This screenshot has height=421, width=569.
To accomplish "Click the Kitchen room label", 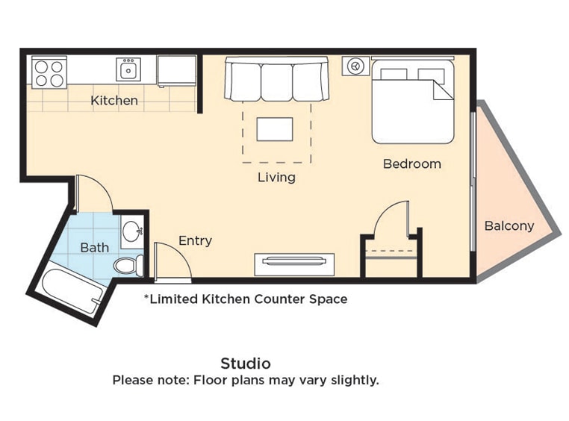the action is pyautogui.click(x=114, y=101).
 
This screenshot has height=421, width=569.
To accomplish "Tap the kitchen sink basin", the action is pyautogui.click(x=128, y=70).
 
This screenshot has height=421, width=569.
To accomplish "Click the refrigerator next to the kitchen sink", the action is pyautogui.click(x=177, y=71).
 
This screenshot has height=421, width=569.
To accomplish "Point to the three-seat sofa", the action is pyautogui.click(x=276, y=78).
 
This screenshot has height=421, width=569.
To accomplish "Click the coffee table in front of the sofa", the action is pyautogui.click(x=275, y=129).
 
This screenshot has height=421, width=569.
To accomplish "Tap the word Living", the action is pyautogui.click(x=276, y=178).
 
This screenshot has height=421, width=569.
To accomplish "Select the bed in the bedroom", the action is pyautogui.click(x=413, y=102).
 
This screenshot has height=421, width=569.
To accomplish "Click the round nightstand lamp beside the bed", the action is pyautogui.click(x=355, y=66).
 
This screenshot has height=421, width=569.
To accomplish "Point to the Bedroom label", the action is pyautogui.click(x=412, y=164).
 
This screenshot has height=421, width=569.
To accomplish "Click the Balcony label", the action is pyautogui.click(x=509, y=226).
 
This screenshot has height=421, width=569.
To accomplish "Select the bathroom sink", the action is pyautogui.click(x=132, y=231).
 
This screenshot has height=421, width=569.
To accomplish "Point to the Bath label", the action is pyautogui.click(x=94, y=248).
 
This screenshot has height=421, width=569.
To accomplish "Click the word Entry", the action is pyautogui.click(x=195, y=241).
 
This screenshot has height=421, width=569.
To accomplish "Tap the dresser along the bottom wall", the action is pyautogui.click(x=294, y=265).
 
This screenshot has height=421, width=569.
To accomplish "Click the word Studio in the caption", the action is pyautogui.click(x=246, y=364).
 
